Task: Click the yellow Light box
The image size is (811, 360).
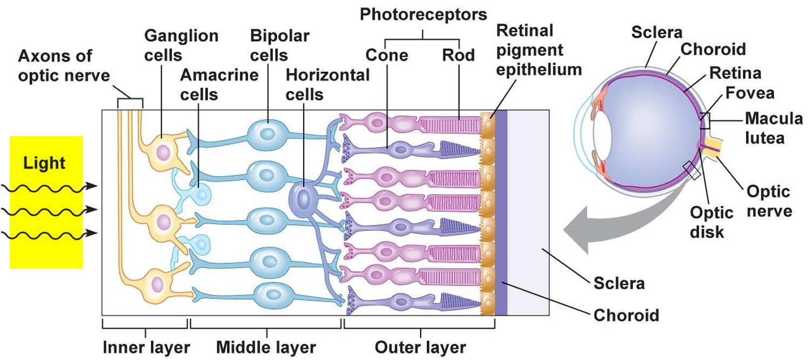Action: [46, 202]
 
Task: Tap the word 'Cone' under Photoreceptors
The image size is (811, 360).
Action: [387, 55]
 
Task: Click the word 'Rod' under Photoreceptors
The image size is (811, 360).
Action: [458, 55]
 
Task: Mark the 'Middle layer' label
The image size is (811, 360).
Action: [266, 346]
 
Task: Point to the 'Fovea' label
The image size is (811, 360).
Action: [750, 93]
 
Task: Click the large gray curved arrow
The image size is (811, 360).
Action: [600, 227]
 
